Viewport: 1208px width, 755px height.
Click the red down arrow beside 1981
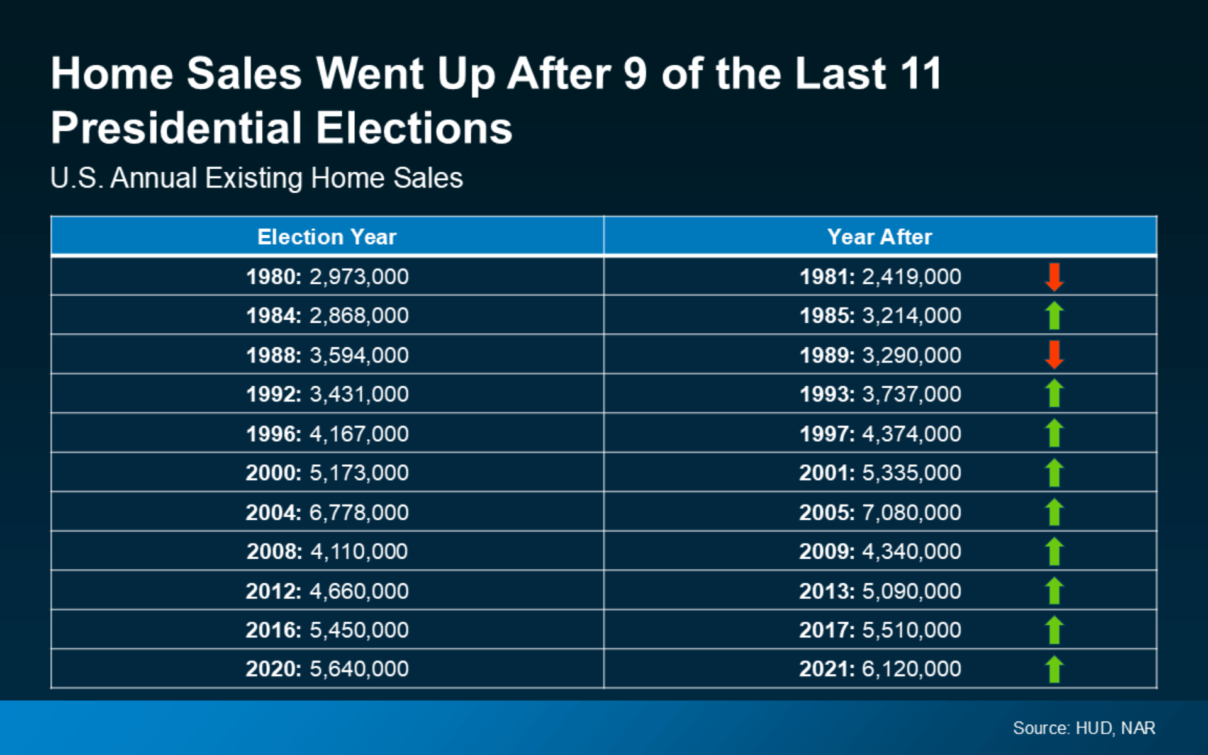[x=1054, y=277]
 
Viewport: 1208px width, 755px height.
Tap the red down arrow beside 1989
[x=1054, y=355]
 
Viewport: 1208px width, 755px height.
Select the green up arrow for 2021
[x=1054, y=669]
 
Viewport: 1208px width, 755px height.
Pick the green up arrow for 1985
[x=1054, y=315]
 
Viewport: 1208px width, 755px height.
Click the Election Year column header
[x=327, y=237]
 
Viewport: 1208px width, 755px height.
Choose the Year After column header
[x=880, y=237]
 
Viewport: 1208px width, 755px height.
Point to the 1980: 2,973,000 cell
[x=327, y=277]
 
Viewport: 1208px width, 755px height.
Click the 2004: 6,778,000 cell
[x=327, y=512]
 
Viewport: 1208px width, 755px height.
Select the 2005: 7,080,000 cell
[x=880, y=512]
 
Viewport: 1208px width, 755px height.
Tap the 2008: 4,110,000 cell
[x=327, y=551]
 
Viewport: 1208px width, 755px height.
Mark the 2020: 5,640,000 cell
[x=327, y=669]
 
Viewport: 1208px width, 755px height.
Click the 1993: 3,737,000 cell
[x=880, y=394]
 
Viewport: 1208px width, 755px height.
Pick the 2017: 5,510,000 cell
[x=880, y=630]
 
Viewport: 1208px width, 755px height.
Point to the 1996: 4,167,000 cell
[x=327, y=433]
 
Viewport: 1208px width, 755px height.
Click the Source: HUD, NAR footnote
[x=1084, y=728]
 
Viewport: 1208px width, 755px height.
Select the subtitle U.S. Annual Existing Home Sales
[x=257, y=178]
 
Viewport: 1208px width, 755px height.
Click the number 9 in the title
[x=635, y=74]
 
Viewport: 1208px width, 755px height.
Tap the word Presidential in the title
[x=177, y=128]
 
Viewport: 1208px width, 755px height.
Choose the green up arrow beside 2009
[x=1054, y=551]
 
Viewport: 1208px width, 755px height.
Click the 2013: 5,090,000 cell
[x=880, y=591]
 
